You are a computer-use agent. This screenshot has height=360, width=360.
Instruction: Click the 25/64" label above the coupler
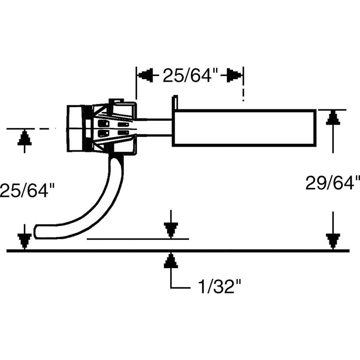coord(188,75)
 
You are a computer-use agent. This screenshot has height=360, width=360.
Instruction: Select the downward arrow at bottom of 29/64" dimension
coord(332,241)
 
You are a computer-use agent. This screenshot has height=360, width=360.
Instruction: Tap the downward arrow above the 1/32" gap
coord(170,230)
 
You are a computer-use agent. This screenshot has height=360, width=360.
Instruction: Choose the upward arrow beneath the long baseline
coord(170,261)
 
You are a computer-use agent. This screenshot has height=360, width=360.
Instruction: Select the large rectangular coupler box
coord(245,128)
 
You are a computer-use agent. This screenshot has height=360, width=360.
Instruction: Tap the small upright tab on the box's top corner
coord(175,102)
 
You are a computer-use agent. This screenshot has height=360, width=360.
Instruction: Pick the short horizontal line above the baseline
coord(137,238)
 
